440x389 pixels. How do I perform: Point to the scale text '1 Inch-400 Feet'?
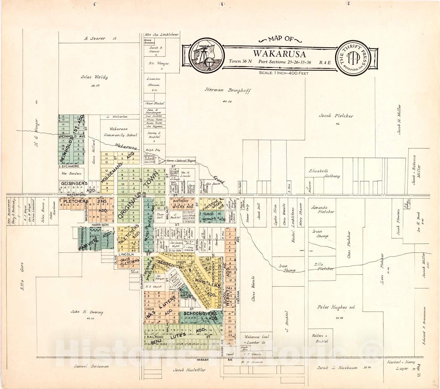(284, 73)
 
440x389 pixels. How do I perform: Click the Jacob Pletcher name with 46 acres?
(336, 116)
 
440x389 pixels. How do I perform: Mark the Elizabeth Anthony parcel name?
(324, 174)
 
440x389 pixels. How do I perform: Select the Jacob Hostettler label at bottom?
(189, 370)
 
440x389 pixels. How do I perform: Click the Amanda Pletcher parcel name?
(323, 210)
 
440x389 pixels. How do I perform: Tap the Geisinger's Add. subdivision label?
(74, 185)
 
